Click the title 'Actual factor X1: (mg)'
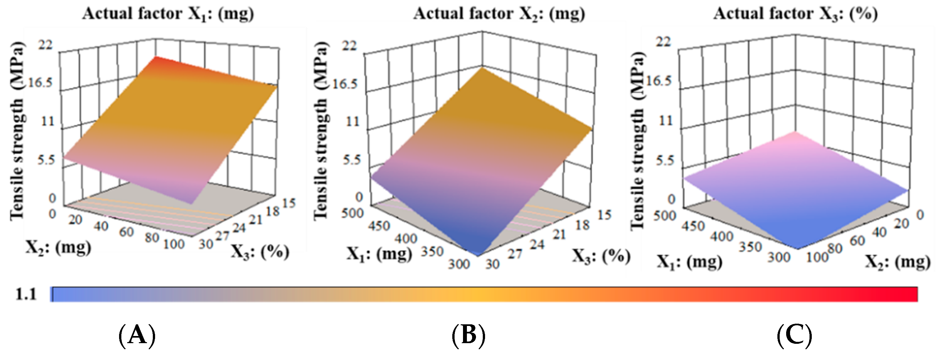168,14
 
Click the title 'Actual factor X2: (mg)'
499,14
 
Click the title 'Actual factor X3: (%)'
795,14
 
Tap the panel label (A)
137,335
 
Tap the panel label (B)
469,335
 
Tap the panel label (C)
795,335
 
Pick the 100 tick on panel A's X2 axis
174,244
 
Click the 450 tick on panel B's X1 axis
379,226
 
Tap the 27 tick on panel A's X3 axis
221,237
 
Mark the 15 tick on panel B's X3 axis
604,215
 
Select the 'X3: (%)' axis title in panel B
601,256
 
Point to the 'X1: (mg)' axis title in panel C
689,262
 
